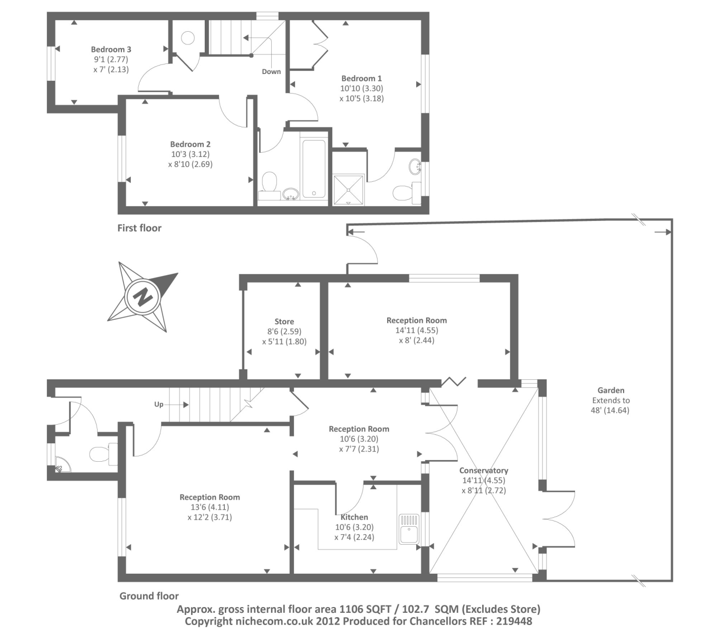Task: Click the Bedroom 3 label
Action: pos(111,49)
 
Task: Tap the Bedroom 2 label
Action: pos(190,144)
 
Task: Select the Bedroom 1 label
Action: pos(361,78)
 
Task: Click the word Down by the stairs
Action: pos(271,71)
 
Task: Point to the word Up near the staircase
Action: pos(159,404)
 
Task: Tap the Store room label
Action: pos(284,321)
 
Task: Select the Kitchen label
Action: pos(354,517)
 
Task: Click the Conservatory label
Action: pos(483,470)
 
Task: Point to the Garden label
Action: pos(611,390)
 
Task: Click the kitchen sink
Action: pos(409,529)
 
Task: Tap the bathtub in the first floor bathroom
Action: pos(313,169)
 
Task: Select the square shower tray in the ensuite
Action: pos(348,190)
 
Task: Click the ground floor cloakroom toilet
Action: pos(103,454)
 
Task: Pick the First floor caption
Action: pos(139,228)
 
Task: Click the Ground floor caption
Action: pos(149,596)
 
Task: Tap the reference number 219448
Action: pos(514,621)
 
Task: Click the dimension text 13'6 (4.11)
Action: pos(210,507)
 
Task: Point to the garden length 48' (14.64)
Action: pos(610,411)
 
